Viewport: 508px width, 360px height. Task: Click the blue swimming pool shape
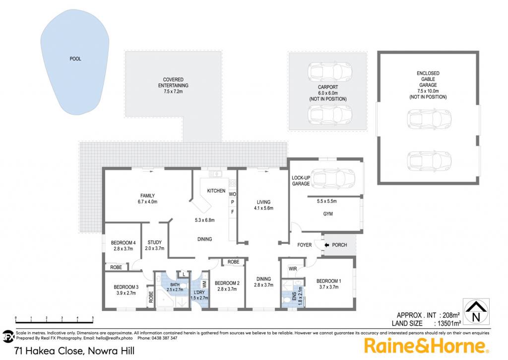tap(74, 62)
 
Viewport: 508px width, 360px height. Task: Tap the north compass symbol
tap(476, 312)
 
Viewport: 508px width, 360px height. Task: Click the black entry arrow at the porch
tap(326, 245)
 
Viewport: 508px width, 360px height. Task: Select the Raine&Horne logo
tap(426, 346)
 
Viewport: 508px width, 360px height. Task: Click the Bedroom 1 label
tap(328, 281)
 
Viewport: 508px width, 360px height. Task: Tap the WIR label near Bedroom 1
tap(293, 269)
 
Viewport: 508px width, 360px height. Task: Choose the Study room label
tap(155, 242)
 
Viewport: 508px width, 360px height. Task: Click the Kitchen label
tap(216, 191)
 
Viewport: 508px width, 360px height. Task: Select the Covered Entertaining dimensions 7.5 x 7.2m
tap(173, 91)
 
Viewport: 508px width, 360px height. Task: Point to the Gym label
tap(328, 214)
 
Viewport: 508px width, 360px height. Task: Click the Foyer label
tap(304, 245)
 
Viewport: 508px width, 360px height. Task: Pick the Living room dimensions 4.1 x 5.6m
tap(263, 208)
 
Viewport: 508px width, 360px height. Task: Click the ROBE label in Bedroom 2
tap(233, 262)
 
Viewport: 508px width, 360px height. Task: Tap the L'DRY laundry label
tap(199, 292)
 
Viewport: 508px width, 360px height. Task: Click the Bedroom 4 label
tap(123, 243)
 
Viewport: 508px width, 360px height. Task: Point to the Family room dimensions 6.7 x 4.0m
tap(147, 202)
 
